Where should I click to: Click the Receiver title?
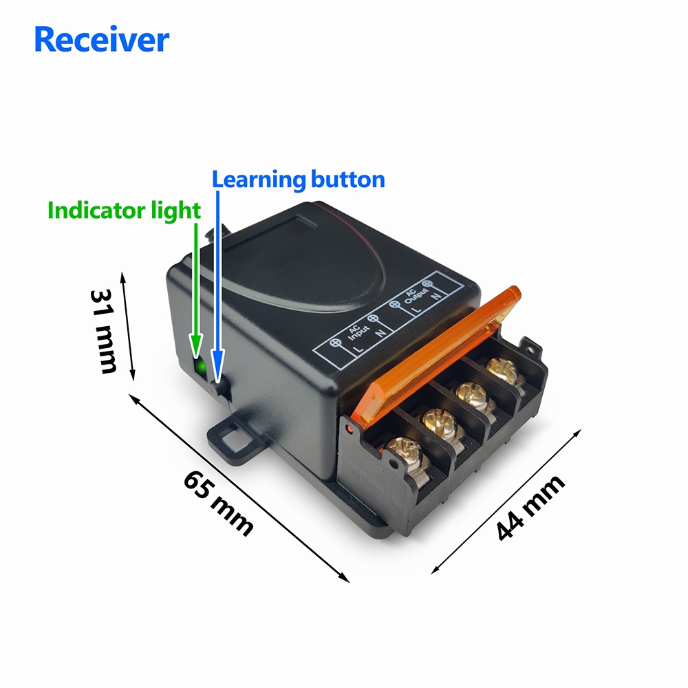[101, 39]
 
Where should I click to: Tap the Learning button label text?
[298, 180]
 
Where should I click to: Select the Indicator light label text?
[124, 211]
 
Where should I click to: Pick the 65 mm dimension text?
[219, 503]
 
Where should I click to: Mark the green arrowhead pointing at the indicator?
[195, 347]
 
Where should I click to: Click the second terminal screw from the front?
[439, 423]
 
